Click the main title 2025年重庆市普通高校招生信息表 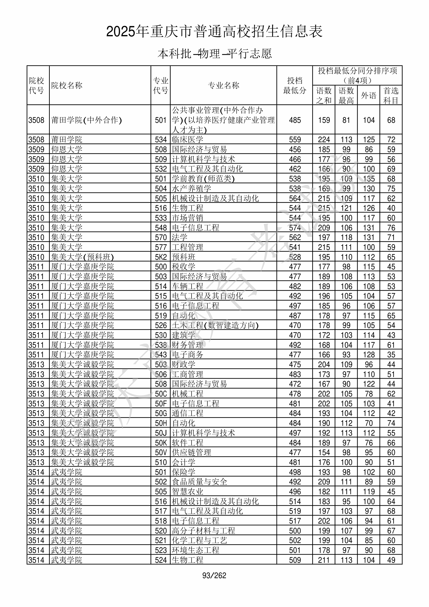[x=214, y=31]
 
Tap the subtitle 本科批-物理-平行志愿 [x=214, y=54]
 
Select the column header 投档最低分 [x=294, y=85]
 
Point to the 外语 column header [x=368, y=95]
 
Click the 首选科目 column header [x=391, y=95]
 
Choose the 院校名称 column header [x=67, y=85]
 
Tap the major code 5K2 [x=161, y=257]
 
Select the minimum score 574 [x=295, y=228]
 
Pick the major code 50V [x=161, y=452]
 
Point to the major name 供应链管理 [x=192, y=452]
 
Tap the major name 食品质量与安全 [x=199, y=482]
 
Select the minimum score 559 [x=295, y=139]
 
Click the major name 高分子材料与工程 [x=203, y=531]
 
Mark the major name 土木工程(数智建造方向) [x=215, y=325]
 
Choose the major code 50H [x=161, y=423]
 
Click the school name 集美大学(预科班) [x=82, y=257]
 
